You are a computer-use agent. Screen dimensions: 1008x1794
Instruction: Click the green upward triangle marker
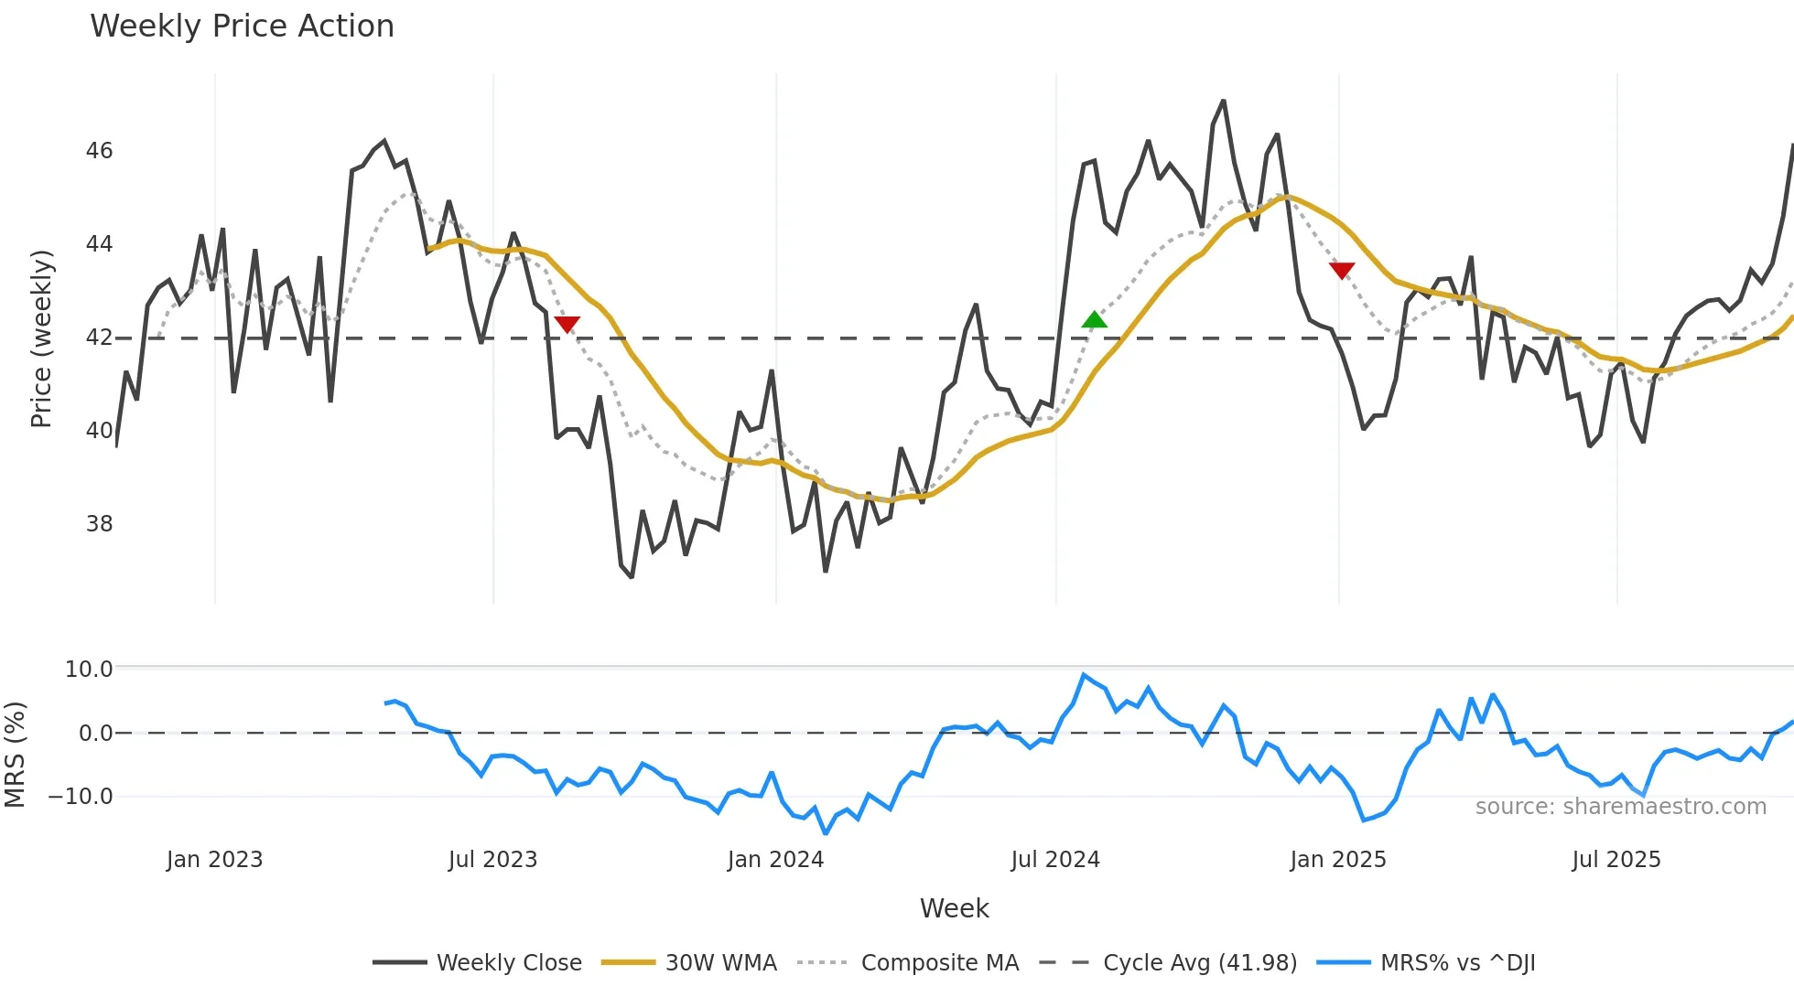click(1094, 319)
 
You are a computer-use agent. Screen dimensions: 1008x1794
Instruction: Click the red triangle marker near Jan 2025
click(1342, 270)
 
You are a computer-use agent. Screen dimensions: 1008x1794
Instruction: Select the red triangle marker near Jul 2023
click(567, 324)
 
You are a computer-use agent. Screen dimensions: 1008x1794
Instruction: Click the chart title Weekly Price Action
click(242, 27)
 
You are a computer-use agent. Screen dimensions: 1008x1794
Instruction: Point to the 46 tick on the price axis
click(99, 151)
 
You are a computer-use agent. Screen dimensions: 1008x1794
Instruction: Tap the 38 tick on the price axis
click(99, 524)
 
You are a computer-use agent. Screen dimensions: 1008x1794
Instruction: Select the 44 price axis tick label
click(99, 244)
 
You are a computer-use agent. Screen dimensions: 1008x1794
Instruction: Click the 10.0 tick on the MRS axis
click(89, 670)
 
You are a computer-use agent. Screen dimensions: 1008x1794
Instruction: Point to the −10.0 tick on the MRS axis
click(81, 797)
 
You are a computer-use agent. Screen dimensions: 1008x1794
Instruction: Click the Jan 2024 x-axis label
click(775, 860)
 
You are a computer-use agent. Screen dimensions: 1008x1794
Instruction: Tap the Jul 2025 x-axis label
click(1616, 860)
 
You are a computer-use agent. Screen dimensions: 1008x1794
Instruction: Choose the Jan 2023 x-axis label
click(214, 860)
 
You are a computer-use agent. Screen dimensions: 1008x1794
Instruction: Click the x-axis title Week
click(954, 908)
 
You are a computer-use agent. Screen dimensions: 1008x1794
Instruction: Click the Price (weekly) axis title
click(41, 338)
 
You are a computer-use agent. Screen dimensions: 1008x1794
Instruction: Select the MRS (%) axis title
click(15, 755)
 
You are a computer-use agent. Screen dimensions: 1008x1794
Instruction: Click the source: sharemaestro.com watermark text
click(1620, 807)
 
